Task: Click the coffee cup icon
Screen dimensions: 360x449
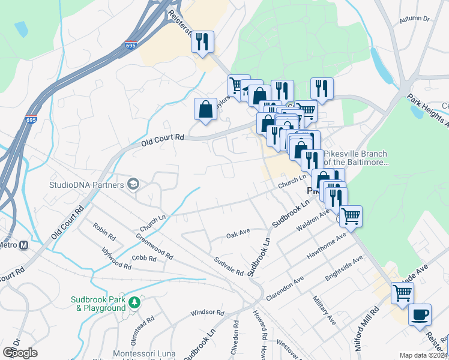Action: pyautogui.click(x=420, y=314)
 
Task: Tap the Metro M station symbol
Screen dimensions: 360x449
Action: pyautogui.click(x=23, y=245)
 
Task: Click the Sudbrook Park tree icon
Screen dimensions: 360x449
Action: pyautogui.click(x=136, y=301)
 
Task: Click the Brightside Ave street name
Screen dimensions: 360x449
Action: pyautogui.click(x=345, y=266)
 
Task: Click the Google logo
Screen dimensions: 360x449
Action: pyautogui.click(x=20, y=352)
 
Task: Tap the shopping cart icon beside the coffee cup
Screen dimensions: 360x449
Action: pyautogui.click(x=402, y=293)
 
